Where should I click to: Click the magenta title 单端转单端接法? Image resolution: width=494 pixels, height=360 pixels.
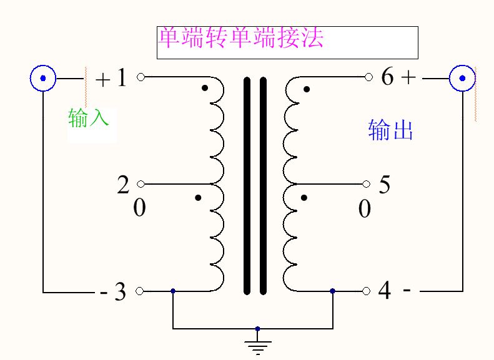pos(241,38)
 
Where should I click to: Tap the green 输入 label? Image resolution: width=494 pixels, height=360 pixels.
pos(89,117)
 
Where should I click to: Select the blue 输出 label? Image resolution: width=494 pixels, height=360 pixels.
pos(391,130)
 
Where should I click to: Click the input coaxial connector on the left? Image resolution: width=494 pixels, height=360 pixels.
pos(43,79)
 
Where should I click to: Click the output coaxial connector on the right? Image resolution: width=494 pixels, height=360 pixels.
pos(462,79)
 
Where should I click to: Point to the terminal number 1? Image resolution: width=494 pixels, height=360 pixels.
pos(121,78)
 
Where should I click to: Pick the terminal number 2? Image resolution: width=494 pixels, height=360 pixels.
pos(123,185)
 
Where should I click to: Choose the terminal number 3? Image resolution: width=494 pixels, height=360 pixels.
pos(120,292)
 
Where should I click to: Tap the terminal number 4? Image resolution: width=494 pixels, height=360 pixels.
pos(385,291)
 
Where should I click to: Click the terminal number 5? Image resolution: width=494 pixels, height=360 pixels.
pos(385,185)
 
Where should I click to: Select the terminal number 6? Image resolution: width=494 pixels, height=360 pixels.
pos(387,77)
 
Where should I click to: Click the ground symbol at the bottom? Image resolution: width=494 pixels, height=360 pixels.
pos(257,345)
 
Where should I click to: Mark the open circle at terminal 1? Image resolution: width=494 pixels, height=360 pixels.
pos(141,77)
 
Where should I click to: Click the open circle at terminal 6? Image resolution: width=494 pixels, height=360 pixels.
pos(368,77)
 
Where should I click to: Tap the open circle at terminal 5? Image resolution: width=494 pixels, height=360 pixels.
pos(367,184)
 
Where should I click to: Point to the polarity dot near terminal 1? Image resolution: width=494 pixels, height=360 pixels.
pos(205,88)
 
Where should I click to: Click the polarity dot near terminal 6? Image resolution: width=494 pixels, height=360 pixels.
pos(307,90)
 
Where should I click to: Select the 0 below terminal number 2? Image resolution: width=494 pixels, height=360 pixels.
pos(139,208)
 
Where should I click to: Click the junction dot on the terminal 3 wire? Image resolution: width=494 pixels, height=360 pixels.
pos(173,291)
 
